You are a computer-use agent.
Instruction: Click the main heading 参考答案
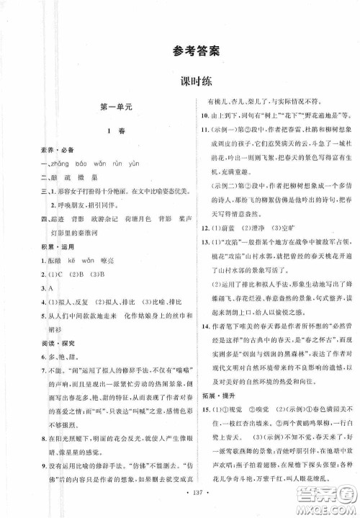[179, 50]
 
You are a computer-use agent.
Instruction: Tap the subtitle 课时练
[180, 81]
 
